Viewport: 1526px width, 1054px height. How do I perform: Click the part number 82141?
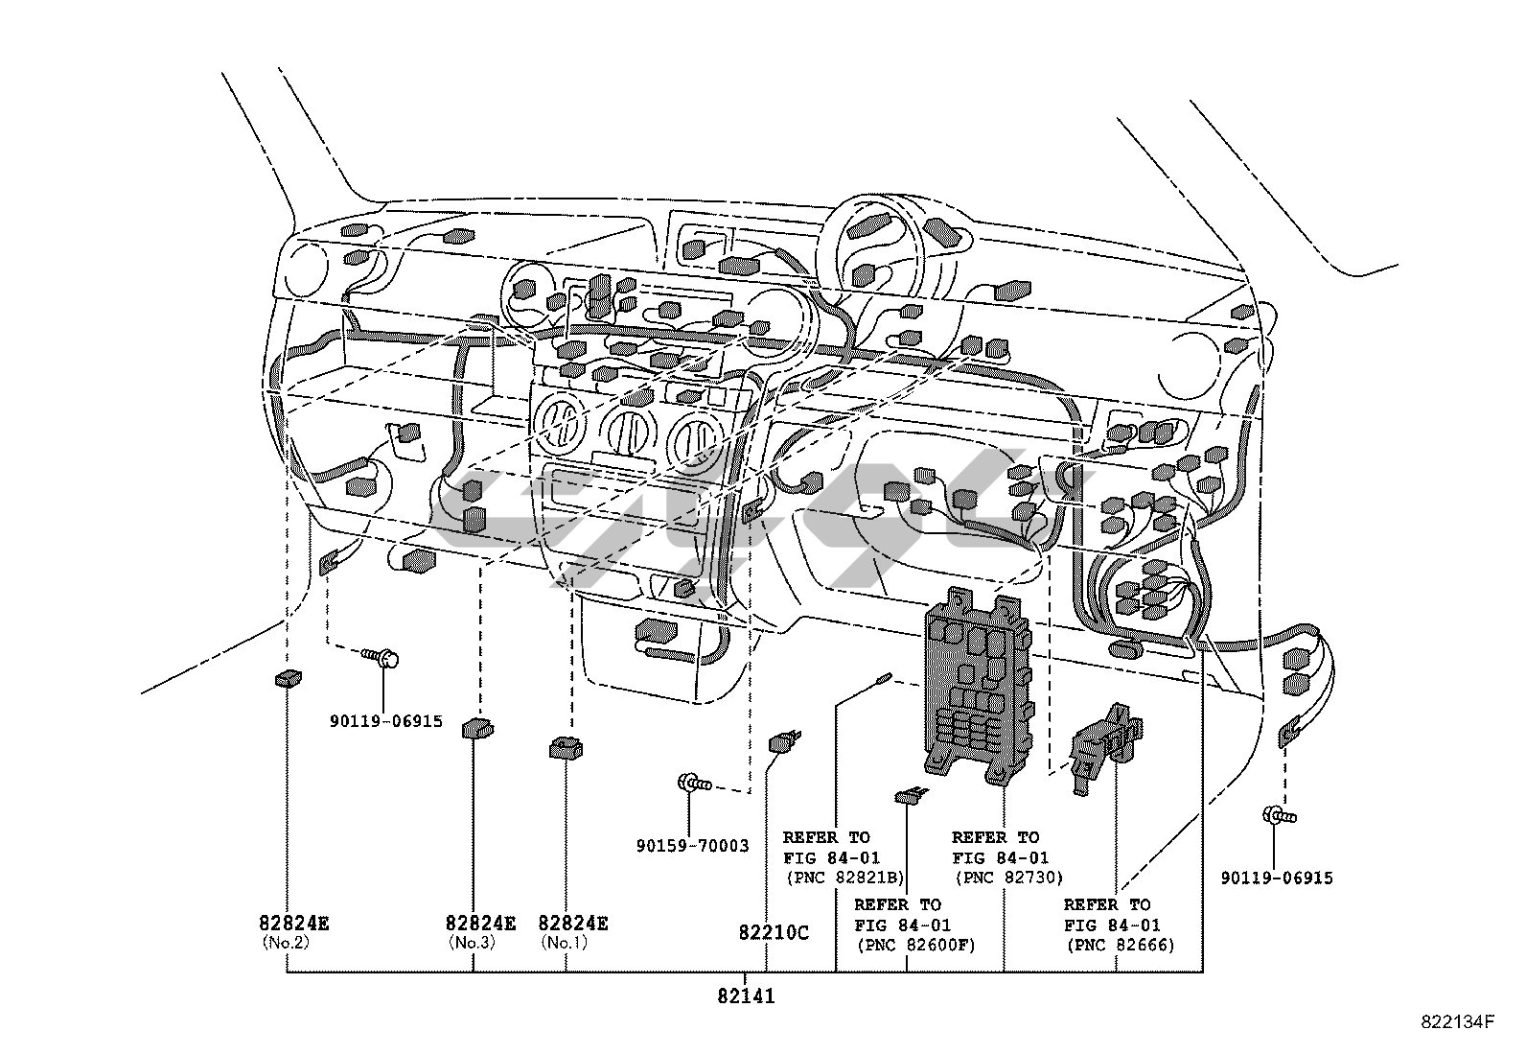coord(745,996)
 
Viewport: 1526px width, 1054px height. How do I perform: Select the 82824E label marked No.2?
coord(294,924)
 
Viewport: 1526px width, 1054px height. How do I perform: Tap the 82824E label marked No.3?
coord(480,924)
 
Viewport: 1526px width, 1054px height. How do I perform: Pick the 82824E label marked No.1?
coord(573,924)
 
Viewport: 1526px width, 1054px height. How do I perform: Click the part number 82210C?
coord(774,932)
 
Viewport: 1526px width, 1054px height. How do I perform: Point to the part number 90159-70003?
coord(692,846)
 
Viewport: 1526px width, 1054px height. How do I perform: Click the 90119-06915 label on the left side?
coord(386,720)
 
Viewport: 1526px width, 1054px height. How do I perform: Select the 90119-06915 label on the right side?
coord(1276,878)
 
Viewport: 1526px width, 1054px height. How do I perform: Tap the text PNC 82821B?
coord(844,877)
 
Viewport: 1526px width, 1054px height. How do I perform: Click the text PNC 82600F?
coord(914,945)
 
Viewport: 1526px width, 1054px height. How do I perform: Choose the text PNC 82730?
coord(1007,877)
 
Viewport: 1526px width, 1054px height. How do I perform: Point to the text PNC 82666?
coord(1120,945)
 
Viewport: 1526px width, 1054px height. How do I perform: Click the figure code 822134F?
coord(1457,1022)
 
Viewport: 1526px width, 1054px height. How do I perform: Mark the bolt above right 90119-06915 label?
coord(1280,816)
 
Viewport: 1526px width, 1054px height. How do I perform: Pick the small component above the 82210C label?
coord(783,741)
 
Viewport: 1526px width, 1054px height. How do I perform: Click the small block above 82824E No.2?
coord(288,679)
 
